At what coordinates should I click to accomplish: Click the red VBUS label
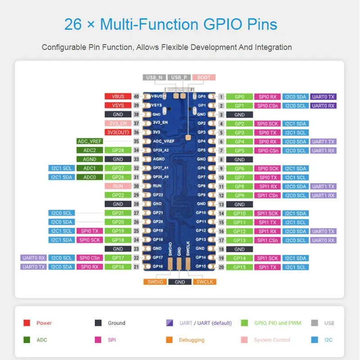coord(117,96)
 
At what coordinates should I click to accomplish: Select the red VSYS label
coord(117,105)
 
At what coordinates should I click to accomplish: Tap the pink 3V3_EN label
coord(117,123)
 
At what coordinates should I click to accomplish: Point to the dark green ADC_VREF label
coord(90,141)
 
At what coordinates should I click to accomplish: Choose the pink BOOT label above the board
coord(204,77)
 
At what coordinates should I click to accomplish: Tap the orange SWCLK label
coord(205,282)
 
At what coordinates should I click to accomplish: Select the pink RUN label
coord(117,186)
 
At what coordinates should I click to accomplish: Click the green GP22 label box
coord(117,195)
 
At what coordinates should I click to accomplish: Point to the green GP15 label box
coord(239,267)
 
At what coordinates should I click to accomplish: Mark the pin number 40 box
coord(136,96)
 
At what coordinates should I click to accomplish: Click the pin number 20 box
coord(221,267)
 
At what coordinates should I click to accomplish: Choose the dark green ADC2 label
coord(90,150)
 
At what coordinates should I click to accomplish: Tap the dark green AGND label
coord(90,159)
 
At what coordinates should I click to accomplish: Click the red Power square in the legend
coord(27,323)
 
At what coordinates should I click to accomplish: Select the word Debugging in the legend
coord(191,340)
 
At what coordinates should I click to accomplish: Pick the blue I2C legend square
coord(315,340)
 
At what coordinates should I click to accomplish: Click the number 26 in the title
coord(73,24)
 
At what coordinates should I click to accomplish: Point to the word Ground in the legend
coord(117,323)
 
